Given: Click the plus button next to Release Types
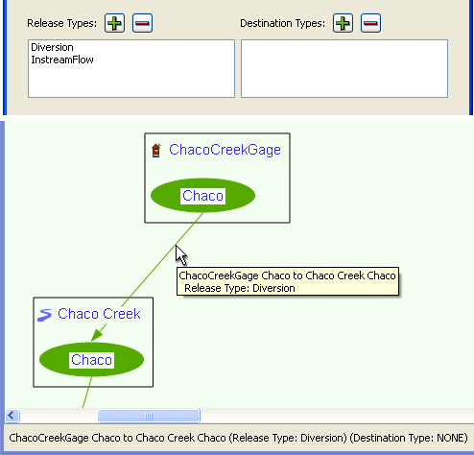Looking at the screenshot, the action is click(x=114, y=23).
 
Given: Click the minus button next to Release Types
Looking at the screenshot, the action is click(x=142, y=23).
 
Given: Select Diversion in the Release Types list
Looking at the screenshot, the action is click(x=52, y=47).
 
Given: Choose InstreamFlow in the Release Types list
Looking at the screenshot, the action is click(x=62, y=60).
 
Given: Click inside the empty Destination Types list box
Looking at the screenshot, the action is click(x=344, y=68).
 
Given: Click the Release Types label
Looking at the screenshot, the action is click(x=61, y=23).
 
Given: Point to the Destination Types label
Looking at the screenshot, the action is click(x=282, y=23).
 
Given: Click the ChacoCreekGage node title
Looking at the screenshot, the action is click(x=225, y=150).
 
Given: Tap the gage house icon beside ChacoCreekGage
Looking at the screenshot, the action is click(x=156, y=151).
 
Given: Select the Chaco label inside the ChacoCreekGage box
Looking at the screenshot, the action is click(x=202, y=196).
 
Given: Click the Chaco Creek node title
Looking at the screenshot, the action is click(x=99, y=314).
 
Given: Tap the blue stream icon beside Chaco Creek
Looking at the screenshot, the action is click(x=44, y=315).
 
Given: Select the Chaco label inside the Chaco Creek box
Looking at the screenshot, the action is click(x=91, y=360).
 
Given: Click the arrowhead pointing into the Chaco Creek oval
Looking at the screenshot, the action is click(x=98, y=334).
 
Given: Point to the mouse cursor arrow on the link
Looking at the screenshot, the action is click(x=181, y=255).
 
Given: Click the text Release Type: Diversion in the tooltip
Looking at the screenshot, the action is click(x=240, y=288).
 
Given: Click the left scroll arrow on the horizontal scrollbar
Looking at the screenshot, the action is click(x=12, y=416).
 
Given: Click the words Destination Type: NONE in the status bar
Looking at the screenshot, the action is click(x=409, y=438).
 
